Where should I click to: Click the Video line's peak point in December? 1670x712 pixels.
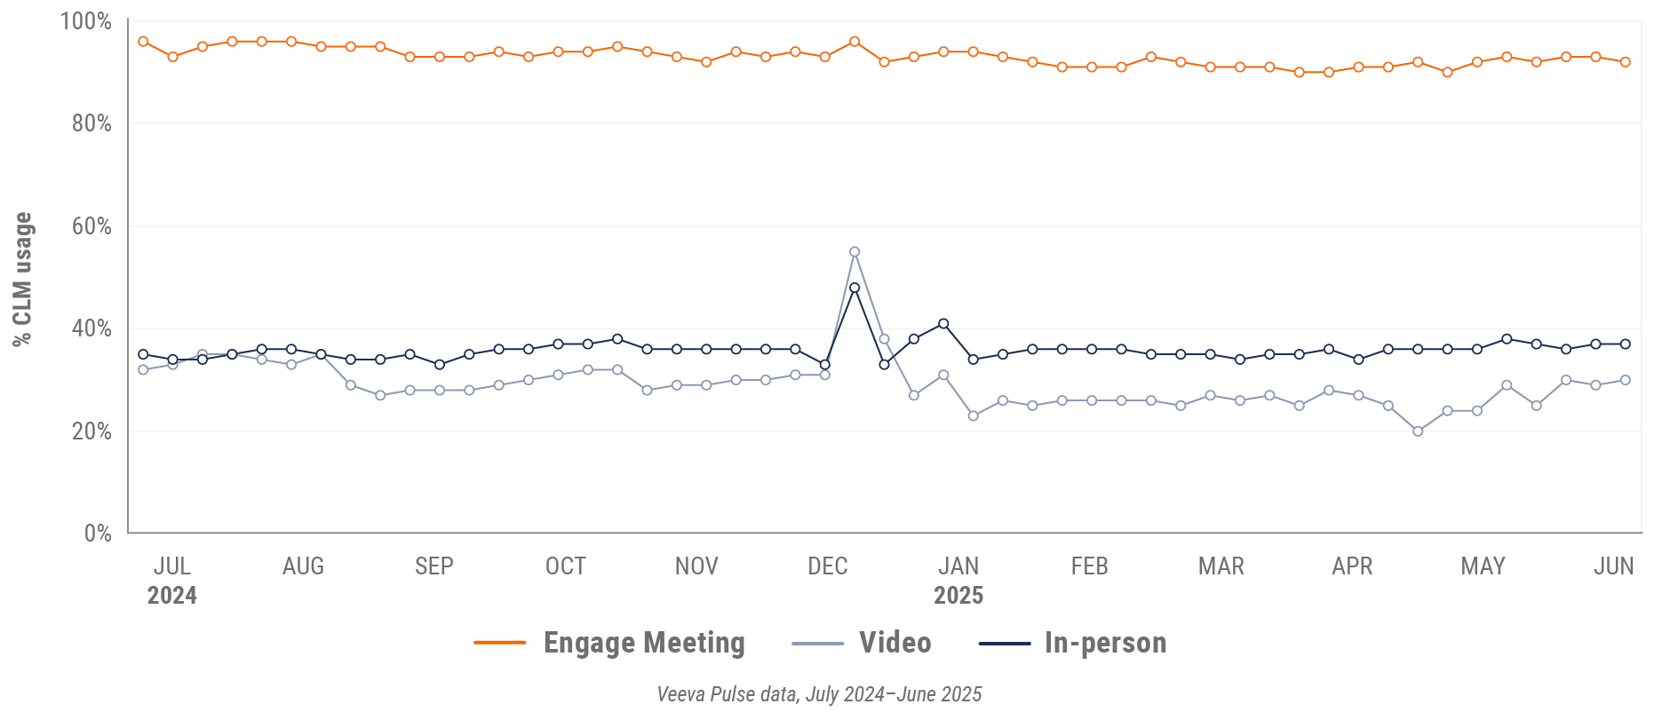pos(855,252)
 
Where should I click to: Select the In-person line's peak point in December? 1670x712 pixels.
pos(855,288)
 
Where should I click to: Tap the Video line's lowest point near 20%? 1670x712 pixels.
pos(1418,431)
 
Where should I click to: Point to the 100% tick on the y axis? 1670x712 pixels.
pos(86,20)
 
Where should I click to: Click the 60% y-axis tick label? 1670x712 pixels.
pos(91,226)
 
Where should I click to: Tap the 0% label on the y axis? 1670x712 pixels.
pos(98,534)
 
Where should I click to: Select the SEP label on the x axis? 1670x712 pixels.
pos(434,566)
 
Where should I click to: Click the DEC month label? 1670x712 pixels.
pos(828,566)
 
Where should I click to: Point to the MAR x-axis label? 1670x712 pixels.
pos(1221,566)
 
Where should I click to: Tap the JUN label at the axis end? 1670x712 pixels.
pos(1614,566)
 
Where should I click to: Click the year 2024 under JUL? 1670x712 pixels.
pos(172,596)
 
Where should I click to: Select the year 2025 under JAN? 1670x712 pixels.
pos(958,596)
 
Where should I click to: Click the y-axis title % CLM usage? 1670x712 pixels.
pos(22,279)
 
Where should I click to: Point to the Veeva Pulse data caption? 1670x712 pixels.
pos(819,694)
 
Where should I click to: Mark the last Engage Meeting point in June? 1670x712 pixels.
pos(1626,62)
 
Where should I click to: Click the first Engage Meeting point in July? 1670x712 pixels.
pos(143,42)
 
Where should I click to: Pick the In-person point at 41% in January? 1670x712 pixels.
pos(943,324)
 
